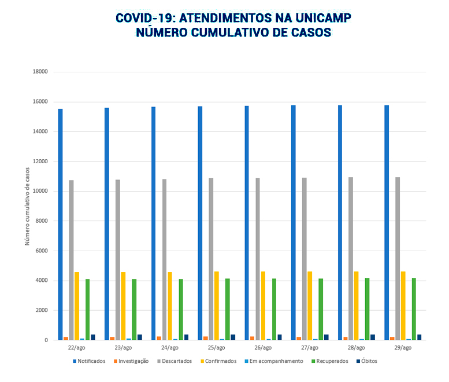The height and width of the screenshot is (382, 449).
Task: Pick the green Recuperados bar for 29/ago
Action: (414, 309)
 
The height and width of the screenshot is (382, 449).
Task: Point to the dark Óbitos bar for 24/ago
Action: (186, 337)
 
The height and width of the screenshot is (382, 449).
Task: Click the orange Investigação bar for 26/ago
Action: (252, 338)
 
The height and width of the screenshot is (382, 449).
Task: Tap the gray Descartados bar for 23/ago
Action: (118, 260)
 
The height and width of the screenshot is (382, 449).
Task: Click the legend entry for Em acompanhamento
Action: (275, 361)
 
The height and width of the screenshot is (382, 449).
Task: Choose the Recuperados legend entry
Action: (329, 361)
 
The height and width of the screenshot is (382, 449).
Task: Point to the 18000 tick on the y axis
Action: (40, 72)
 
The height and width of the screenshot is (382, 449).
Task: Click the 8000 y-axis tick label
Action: (42, 221)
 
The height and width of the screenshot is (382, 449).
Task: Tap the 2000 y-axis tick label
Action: (42, 310)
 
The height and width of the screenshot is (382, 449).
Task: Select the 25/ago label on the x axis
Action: (216, 348)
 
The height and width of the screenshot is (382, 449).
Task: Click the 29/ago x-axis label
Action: (403, 348)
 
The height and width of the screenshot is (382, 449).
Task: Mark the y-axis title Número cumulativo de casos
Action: (27, 205)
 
